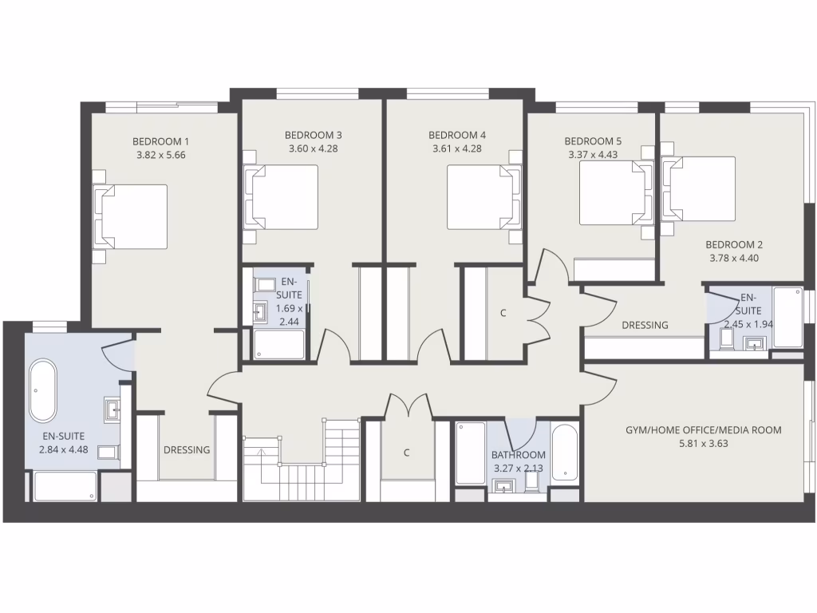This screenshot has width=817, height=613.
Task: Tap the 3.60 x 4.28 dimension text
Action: (x=313, y=148)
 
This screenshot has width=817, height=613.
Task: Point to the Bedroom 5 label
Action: (x=594, y=141)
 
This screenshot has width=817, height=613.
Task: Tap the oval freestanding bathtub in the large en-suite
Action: (x=43, y=391)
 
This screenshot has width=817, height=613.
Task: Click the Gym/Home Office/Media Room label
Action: (x=703, y=430)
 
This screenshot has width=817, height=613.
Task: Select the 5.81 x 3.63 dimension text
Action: (x=703, y=444)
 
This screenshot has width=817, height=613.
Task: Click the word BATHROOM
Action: (x=519, y=456)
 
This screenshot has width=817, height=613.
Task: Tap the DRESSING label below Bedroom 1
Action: (x=187, y=449)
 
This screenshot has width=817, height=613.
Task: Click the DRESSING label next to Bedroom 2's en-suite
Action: (x=645, y=325)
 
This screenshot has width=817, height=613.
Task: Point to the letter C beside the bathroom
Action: (x=406, y=453)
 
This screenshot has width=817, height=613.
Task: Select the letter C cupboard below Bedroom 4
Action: (x=503, y=313)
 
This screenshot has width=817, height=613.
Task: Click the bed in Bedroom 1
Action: (x=133, y=216)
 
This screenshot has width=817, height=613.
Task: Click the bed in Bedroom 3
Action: (x=284, y=196)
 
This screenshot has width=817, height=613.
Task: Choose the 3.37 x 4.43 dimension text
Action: (x=594, y=155)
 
